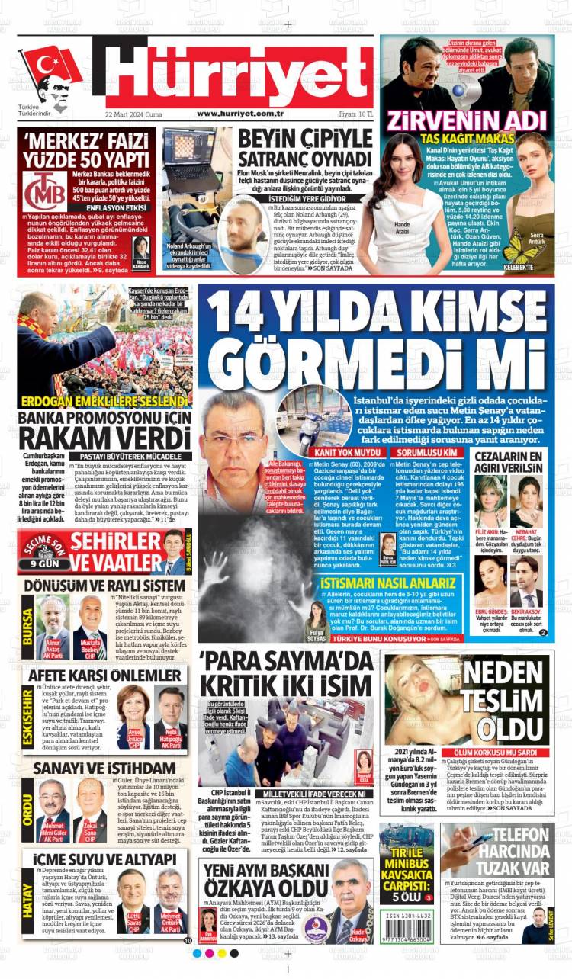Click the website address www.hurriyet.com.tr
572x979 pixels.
[x=240, y=113]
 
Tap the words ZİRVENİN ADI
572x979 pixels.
[x=466, y=121]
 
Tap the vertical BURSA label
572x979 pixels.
[x=28, y=627]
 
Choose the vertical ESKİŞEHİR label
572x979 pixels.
[x=28, y=714]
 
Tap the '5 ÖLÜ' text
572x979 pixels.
[x=408, y=897]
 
